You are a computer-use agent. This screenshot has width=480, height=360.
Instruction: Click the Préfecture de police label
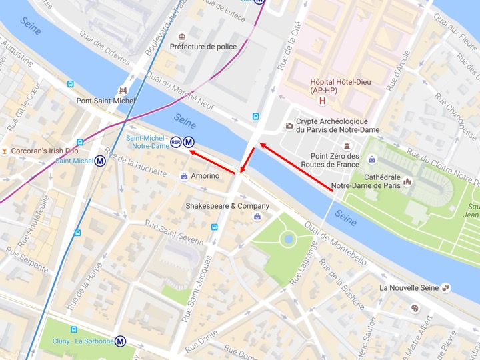pos(203,47)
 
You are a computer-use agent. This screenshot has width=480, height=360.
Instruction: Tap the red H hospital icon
pos(323,101)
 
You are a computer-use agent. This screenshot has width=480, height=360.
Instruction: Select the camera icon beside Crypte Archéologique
pos(289,125)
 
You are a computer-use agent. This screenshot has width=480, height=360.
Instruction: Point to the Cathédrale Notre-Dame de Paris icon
pos(407,181)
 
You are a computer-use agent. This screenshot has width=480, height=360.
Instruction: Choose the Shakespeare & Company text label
pos(223,206)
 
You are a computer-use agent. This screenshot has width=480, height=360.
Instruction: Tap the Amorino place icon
pos(184,176)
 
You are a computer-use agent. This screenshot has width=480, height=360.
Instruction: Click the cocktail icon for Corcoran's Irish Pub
pos(5,151)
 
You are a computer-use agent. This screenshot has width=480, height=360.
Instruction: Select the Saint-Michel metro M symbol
pos(100,161)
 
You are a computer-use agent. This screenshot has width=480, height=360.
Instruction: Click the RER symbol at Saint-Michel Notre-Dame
pos(176,141)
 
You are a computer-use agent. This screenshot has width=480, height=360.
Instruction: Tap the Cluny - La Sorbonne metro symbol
pos(121,341)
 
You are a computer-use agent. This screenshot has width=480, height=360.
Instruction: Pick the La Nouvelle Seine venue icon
pos(446,288)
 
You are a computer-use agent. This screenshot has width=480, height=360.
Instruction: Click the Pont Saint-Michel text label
pos(105,101)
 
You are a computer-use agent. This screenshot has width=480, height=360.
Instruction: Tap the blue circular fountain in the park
pos(288,238)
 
